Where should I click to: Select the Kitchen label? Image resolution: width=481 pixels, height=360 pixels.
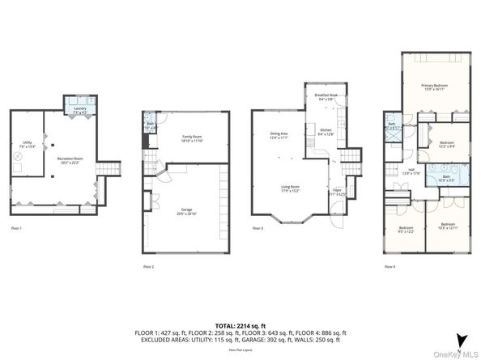(x=326, y=131)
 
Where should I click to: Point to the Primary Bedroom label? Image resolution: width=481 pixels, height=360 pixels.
(x=434, y=87)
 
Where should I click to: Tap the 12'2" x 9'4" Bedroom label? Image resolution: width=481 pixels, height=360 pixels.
(x=447, y=144)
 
